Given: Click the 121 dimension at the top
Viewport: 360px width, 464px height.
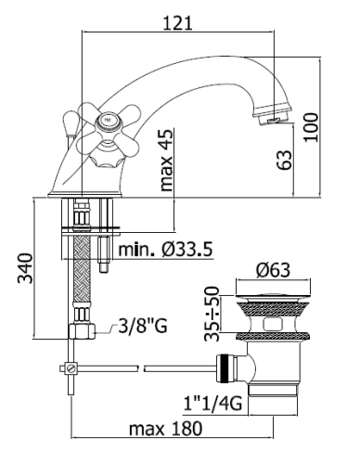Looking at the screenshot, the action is coord(177,23).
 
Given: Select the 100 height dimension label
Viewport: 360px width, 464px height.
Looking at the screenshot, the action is coord(311,127).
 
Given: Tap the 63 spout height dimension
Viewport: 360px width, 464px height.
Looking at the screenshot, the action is coord(284,160).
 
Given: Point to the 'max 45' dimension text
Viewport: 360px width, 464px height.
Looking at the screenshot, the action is coord(166,160).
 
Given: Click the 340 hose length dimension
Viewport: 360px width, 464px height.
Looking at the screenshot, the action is coord(25,268).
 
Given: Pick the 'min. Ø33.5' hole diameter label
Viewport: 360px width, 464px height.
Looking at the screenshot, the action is coord(165,250).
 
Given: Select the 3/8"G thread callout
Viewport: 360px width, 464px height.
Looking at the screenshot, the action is coord(143,326).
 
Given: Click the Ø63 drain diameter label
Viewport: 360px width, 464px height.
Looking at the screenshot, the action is coord(273,270).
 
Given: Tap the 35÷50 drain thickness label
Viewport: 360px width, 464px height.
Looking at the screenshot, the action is coord(212,314).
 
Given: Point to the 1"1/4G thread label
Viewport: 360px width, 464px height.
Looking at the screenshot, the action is coord(212,404).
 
